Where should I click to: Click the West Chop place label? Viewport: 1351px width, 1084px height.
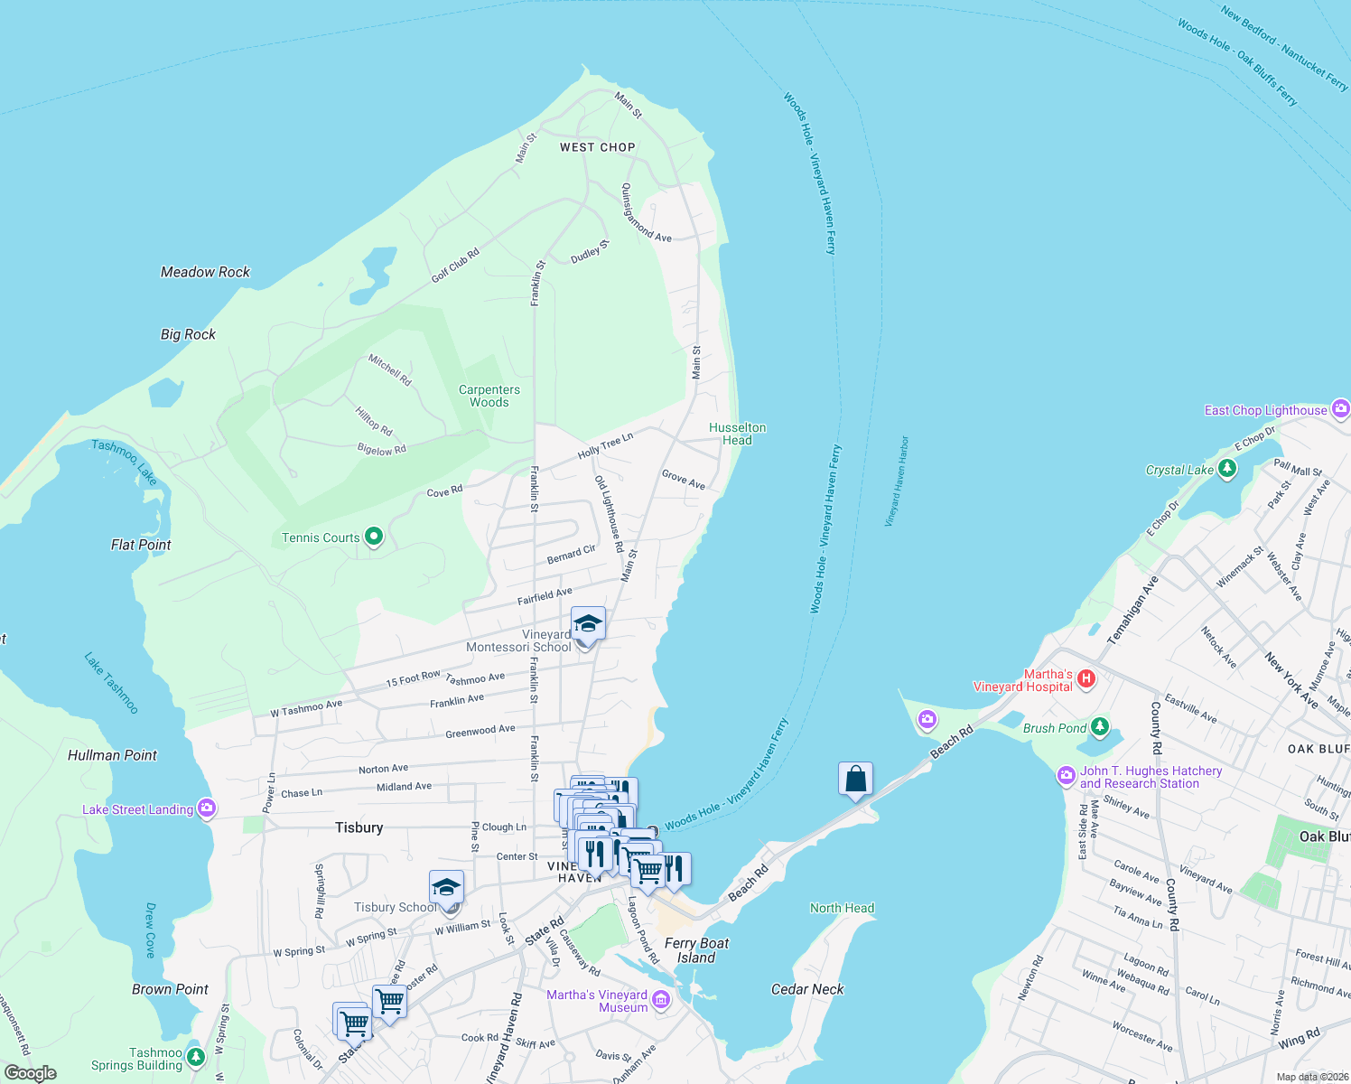(x=597, y=147)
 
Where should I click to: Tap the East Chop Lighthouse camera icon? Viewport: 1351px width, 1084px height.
(x=1340, y=409)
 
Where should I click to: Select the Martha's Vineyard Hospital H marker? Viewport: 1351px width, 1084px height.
(x=1086, y=678)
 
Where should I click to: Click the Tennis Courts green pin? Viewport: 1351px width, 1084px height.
(x=373, y=537)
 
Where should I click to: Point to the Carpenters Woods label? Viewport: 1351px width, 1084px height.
(x=489, y=396)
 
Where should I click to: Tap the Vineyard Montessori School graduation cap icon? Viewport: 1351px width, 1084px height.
(x=588, y=624)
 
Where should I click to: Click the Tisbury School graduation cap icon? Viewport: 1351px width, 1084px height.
(x=446, y=888)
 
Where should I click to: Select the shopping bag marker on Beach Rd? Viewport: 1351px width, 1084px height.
(x=855, y=779)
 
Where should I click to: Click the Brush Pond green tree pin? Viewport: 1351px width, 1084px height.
(x=1099, y=726)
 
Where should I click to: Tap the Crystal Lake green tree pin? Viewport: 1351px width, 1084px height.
(x=1226, y=468)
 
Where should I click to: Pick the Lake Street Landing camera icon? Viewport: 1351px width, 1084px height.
(x=207, y=808)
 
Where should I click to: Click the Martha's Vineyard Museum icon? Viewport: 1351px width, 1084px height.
(x=661, y=999)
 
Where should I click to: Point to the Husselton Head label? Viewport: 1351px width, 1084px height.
(x=737, y=434)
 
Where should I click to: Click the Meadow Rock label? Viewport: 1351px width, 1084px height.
(x=205, y=272)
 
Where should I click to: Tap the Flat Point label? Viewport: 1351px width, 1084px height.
(x=141, y=545)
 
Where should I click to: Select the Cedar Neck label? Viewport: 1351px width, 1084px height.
(x=806, y=989)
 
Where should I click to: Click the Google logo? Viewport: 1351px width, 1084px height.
(x=30, y=1073)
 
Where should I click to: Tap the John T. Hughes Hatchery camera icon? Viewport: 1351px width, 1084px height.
(x=1067, y=776)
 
